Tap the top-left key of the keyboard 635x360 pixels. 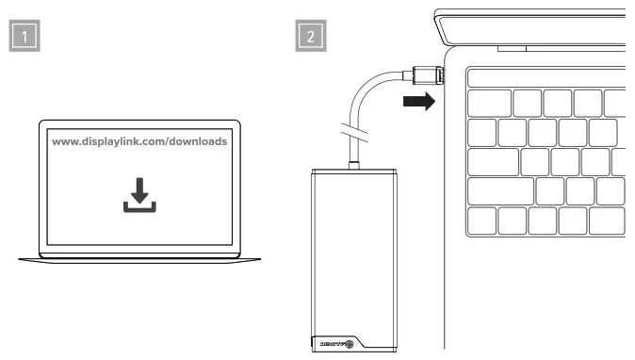click(x=489, y=102)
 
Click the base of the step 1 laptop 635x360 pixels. click(x=138, y=257)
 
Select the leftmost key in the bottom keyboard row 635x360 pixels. click(x=481, y=221)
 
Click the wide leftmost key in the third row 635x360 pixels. click(x=493, y=161)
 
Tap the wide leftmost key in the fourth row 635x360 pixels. click(x=500, y=191)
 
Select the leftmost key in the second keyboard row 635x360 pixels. click(x=481, y=132)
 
